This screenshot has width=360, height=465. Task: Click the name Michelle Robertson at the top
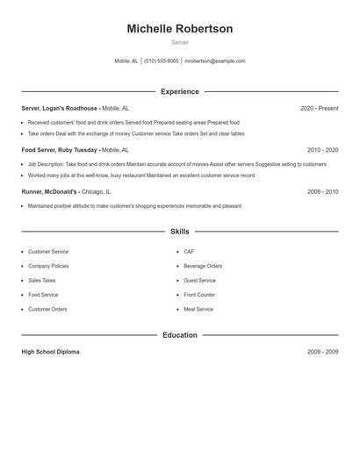pyautogui.click(x=179, y=29)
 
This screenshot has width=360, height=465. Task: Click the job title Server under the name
pyautogui.click(x=179, y=42)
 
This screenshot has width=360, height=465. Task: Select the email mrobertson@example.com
pyautogui.click(x=215, y=61)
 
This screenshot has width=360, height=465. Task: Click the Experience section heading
pyautogui.click(x=179, y=91)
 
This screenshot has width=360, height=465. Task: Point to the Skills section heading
pyautogui.click(x=179, y=232)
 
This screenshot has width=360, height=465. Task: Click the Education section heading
pyautogui.click(x=179, y=335)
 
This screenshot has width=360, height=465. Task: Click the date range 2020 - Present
pyautogui.click(x=319, y=108)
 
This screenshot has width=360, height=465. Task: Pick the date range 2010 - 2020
pyautogui.click(x=322, y=150)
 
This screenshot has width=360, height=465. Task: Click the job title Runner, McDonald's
pyautogui.click(x=50, y=191)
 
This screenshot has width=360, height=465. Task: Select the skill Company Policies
pyautogui.click(x=48, y=266)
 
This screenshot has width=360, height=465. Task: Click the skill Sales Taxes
pyautogui.click(x=41, y=281)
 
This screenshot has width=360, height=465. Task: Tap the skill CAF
pyautogui.click(x=189, y=252)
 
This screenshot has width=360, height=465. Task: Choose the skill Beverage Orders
pyautogui.click(x=203, y=266)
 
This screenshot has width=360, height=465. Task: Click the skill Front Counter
pyautogui.click(x=199, y=295)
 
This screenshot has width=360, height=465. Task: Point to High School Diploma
pyautogui.click(x=50, y=352)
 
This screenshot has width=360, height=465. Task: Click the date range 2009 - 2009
pyautogui.click(x=322, y=352)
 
